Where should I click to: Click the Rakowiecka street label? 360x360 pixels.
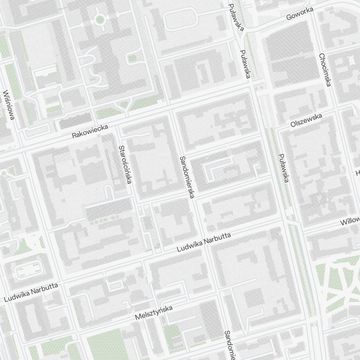(90, 131)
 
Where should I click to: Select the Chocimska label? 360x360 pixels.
(325, 70)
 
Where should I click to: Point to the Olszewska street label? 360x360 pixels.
(306, 120)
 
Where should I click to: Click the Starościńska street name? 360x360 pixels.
(124, 165)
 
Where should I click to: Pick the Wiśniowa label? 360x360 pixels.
(9, 105)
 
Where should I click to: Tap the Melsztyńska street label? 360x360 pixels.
(154, 312)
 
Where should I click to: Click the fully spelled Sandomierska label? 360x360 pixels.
(187, 177)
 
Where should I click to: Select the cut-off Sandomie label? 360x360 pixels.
(229, 345)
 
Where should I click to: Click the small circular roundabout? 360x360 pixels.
(100, 19)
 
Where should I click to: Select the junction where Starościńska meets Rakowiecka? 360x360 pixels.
(118, 127)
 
